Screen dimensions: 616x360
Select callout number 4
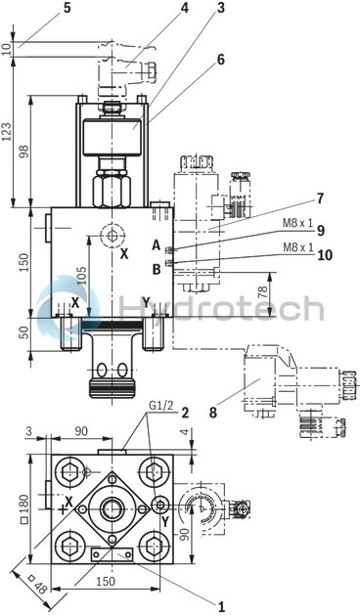pyautogui.click(x=183, y=8)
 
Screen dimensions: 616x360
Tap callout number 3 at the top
pyautogui.click(x=220, y=8)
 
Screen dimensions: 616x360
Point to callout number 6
pyautogui.click(x=220, y=59)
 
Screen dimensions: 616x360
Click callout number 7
pyautogui.click(x=319, y=198)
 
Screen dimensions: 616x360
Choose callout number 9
pyautogui.click(x=319, y=231)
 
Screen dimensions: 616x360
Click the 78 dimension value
pyautogui.click(x=261, y=293)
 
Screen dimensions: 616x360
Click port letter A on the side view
pyautogui.click(x=156, y=244)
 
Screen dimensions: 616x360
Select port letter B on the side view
pyautogui.click(x=156, y=269)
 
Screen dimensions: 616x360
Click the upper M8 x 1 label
pyautogui.click(x=297, y=223)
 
